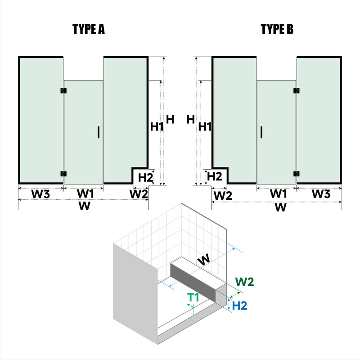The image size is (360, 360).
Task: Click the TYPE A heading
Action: click(89, 30)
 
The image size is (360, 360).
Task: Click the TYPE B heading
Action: click(277, 30)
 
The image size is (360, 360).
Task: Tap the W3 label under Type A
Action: click(40, 194)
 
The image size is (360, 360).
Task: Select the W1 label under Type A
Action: click(85, 194)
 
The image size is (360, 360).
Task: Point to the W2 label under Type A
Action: click(139, 194)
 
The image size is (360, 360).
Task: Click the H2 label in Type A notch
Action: click(145, 177)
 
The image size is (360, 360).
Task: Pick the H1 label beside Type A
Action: click(157, 127)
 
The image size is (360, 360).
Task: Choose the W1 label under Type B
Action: click(278, 194)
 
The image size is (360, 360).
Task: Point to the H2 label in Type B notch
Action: click(215, 176)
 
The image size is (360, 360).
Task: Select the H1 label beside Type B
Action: click(205, 127)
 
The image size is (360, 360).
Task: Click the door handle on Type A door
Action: click(98, 132)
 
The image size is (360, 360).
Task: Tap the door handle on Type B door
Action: click(261, 132)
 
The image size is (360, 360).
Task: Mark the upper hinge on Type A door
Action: click(63, 91)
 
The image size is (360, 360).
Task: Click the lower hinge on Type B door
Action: click(296, 174)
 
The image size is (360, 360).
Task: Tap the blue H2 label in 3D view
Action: click(241, 305)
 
